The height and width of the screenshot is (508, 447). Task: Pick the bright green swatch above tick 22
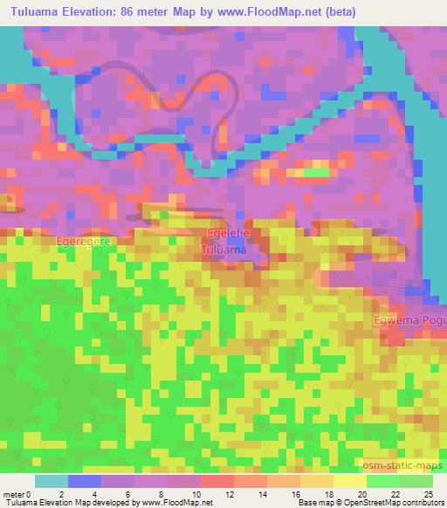383,481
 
